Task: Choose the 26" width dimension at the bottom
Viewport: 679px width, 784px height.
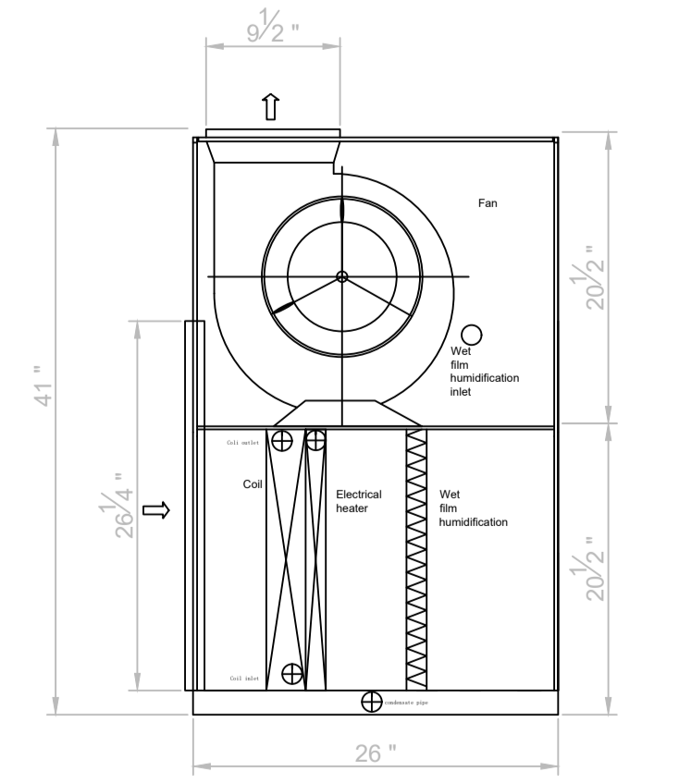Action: tap(376, 753)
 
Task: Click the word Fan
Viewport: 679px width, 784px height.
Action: tap(488, 202)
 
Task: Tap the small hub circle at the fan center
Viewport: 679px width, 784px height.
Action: tap(341, 276)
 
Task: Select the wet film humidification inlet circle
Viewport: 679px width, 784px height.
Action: tap(472, 334)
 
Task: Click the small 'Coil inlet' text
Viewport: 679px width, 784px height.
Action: tap(245, 679)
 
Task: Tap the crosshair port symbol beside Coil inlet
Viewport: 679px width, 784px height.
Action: tap(292, 674)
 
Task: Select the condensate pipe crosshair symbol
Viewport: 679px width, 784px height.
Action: tap(371, 702)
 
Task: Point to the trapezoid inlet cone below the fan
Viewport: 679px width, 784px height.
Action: tap(341, 413)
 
